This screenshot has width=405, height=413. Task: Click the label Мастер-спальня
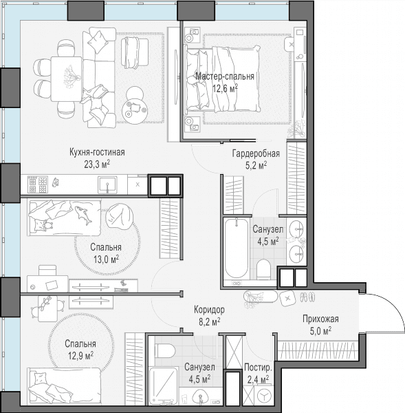pyautogui.click(x=225, y=76)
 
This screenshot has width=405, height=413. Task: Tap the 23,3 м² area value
pyautogui.click(x=97, y=165)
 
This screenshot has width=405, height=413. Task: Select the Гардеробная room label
pyautogui.click(x=256, y=153)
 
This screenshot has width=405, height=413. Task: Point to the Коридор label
pyautogui.click(x=209, y=310)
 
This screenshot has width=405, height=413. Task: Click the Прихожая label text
pyautogui.click(x=320, y=319)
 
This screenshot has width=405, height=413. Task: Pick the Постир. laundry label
pyautogui.click(x=258, y=367)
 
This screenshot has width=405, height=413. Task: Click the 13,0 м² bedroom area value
pyautogui.click(x=107, y=260)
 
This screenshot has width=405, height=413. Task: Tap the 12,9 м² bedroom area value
pyautogui.click(x=80, y=356)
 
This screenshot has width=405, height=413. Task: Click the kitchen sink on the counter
pyautogui.click(x=107, y=185)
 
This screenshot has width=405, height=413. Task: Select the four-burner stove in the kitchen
pyautogui.click(x=38, y=185)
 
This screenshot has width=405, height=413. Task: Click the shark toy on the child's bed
pyautogui.click(x=83, y=215)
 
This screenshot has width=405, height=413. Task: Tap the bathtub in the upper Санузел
pyautogui.click(x=237, y=248)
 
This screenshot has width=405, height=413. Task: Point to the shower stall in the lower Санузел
pyautogui.click(x=163, y=386)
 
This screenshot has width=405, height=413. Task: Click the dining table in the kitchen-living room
pyautogui.click(x=66, y=79)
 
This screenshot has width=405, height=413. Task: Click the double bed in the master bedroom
pyautogui.click(x=223, y=79)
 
